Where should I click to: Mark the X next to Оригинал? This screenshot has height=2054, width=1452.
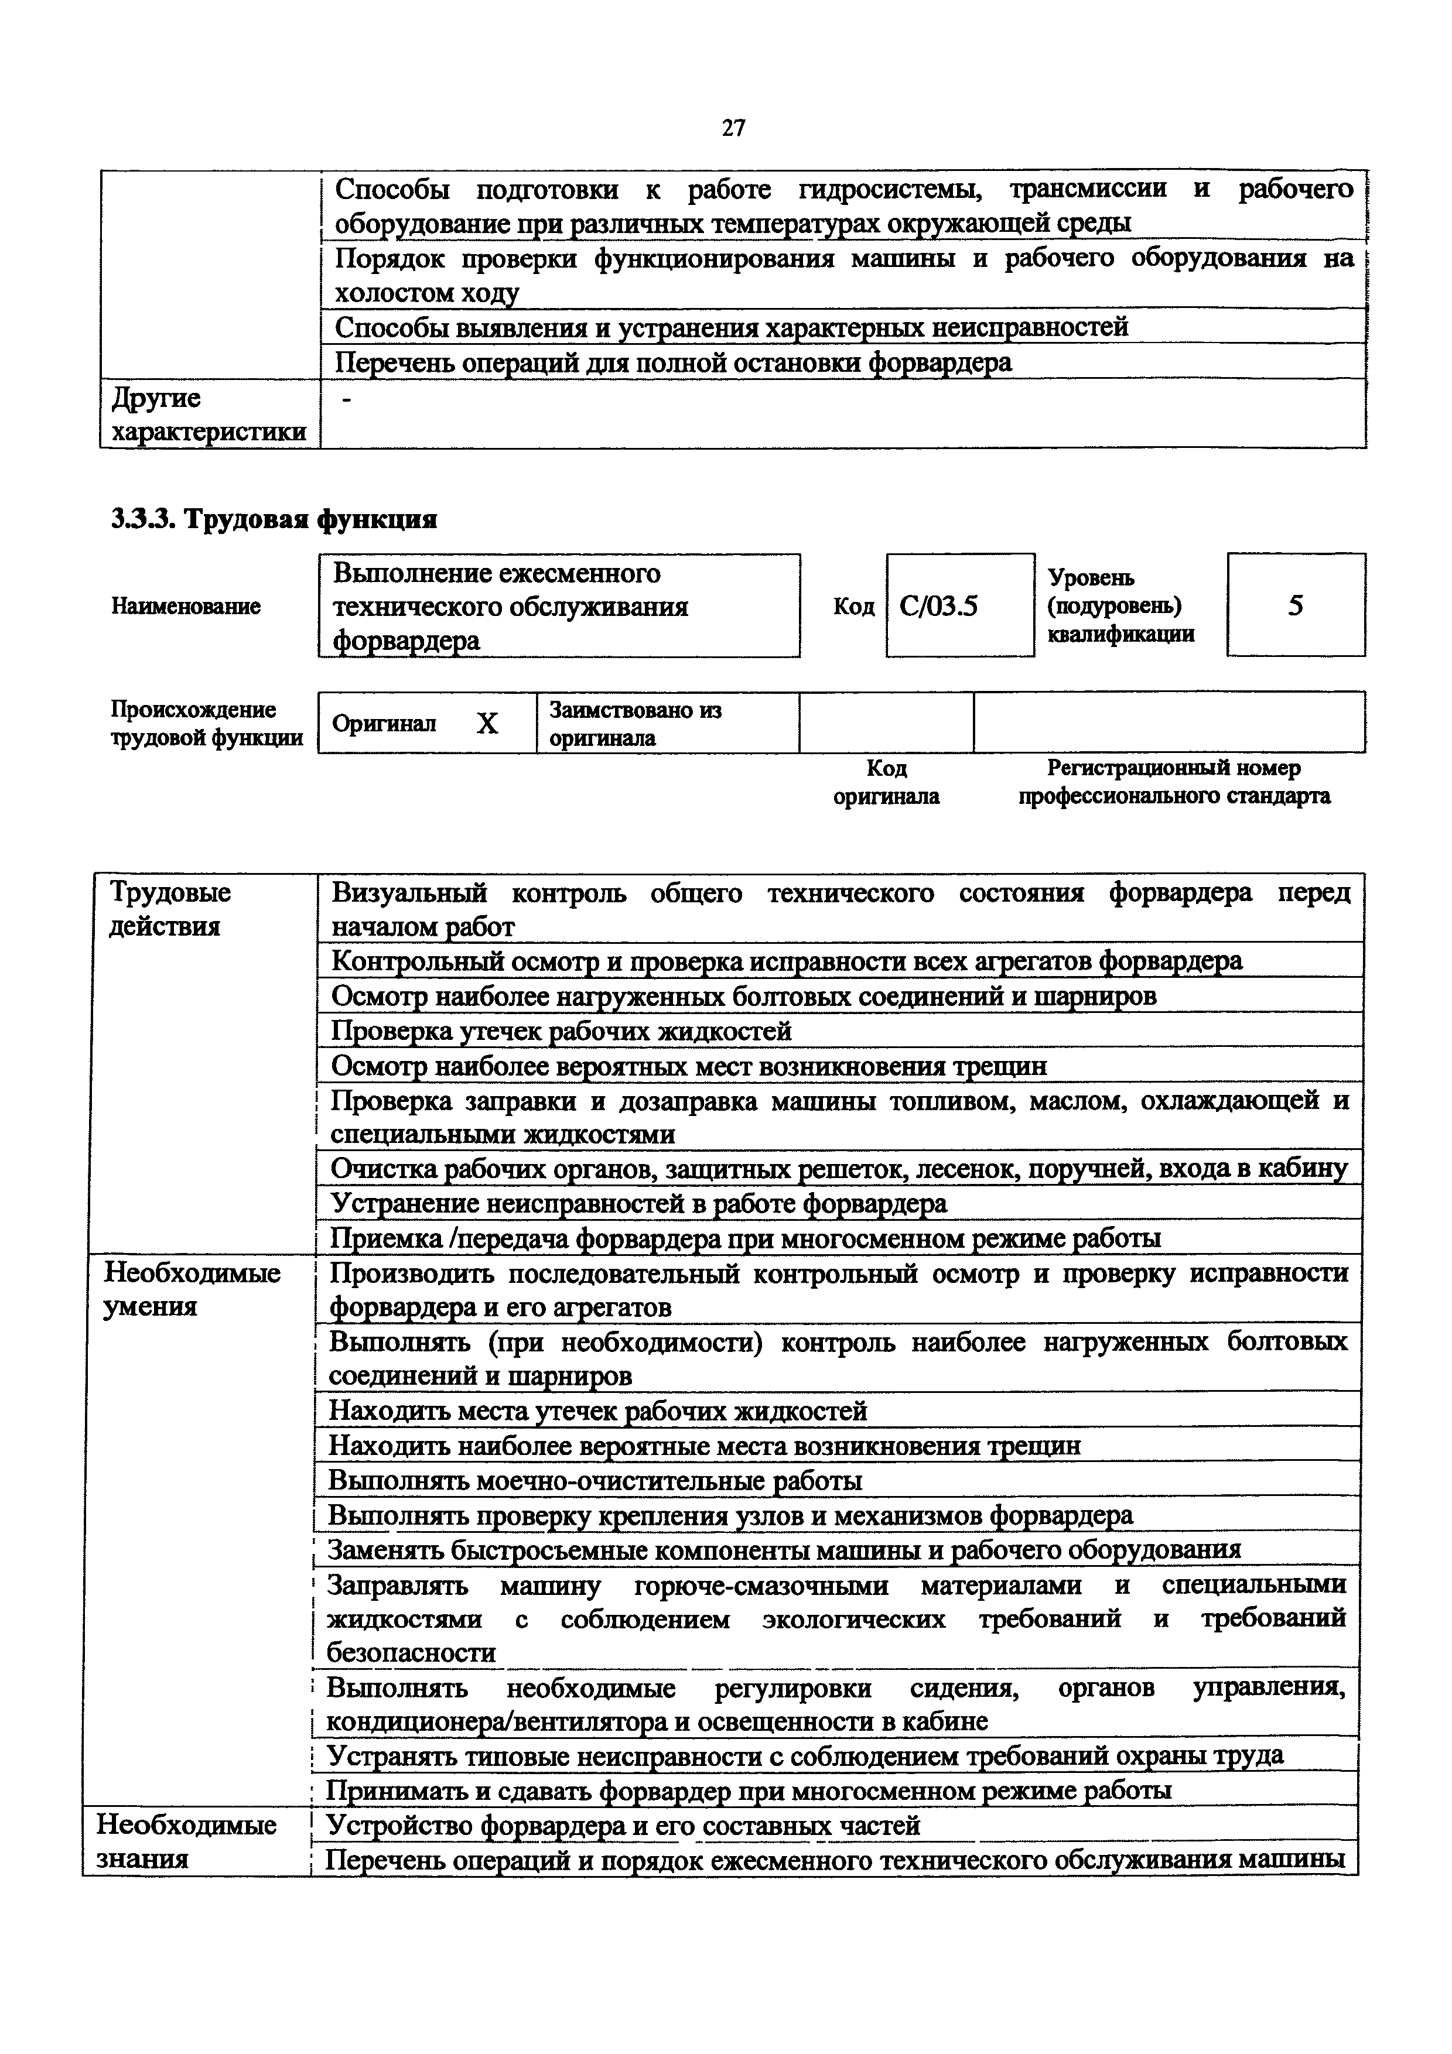point(487,723)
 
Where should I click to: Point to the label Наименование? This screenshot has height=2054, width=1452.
point(186,607)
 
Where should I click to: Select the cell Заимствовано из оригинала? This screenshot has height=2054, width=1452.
point(634,723)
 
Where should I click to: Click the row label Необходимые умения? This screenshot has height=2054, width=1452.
point(192,1289)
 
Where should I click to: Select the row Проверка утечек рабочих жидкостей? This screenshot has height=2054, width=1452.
point(561,1032)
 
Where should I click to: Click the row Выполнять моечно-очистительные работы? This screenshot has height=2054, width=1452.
point(595,1481)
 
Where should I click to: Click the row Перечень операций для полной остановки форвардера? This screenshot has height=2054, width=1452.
point(673,362)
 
